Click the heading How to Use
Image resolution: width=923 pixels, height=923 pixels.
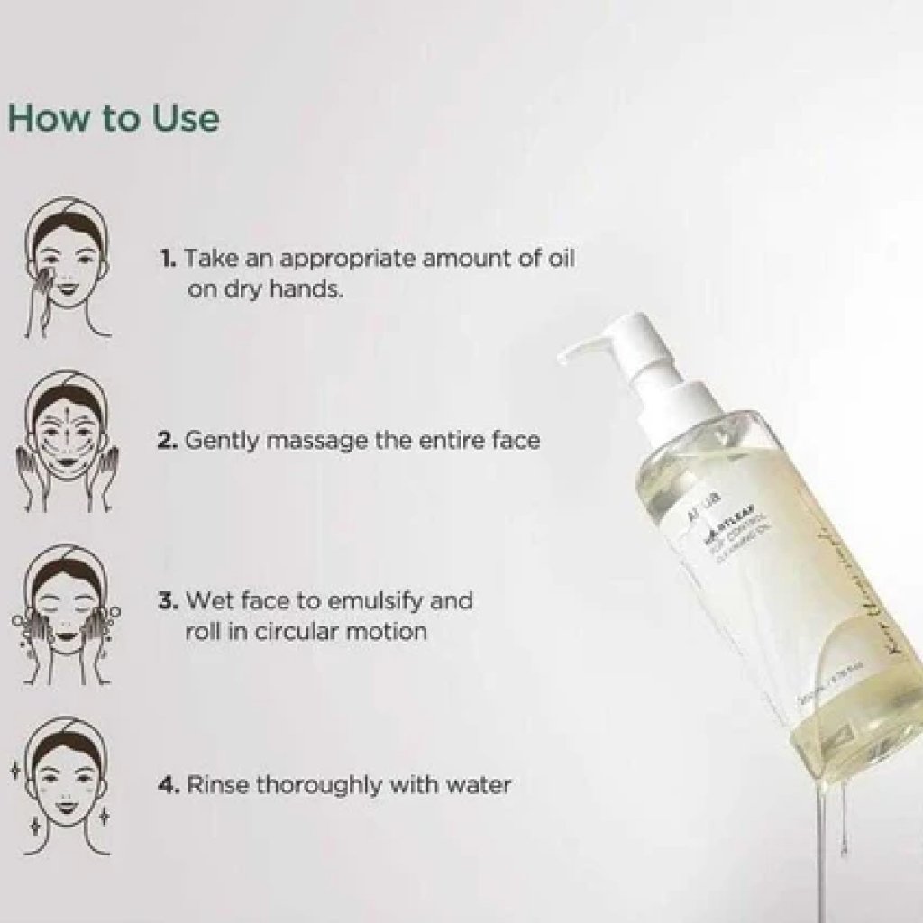click(x=113, y=119)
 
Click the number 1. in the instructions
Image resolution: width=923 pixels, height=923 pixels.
click(x=169, y=259)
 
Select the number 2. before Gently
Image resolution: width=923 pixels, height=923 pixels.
click(x=169, y=442)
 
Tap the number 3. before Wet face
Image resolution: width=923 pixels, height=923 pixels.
click(x=169, y=600)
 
